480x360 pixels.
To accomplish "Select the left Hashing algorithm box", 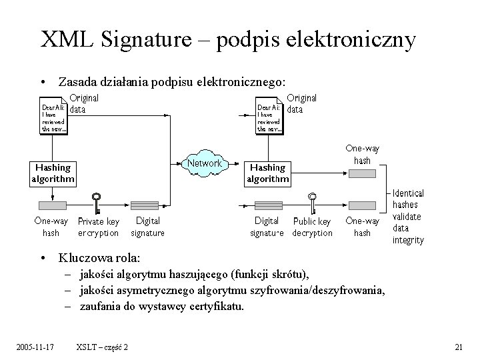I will (53, 173).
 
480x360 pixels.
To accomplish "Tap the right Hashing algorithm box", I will (267, 173).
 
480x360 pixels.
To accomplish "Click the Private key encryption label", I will (99, 227).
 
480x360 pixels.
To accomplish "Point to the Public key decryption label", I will (312, 227).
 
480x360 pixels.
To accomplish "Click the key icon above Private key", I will (97, 199).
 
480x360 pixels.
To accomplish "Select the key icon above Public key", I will (311, 199).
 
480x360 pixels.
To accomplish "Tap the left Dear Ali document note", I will (55, 117).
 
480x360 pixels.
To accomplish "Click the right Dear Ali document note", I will (271, 117).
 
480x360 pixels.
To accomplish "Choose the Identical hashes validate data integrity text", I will (408, 216).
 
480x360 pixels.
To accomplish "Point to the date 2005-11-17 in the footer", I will (35, 347).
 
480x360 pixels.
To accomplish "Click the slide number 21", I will (458, 347).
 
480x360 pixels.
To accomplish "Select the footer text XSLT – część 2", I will (103, 347).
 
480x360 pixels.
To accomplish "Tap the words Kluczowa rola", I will (99, 257).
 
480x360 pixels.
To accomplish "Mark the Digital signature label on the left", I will (147, 227).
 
